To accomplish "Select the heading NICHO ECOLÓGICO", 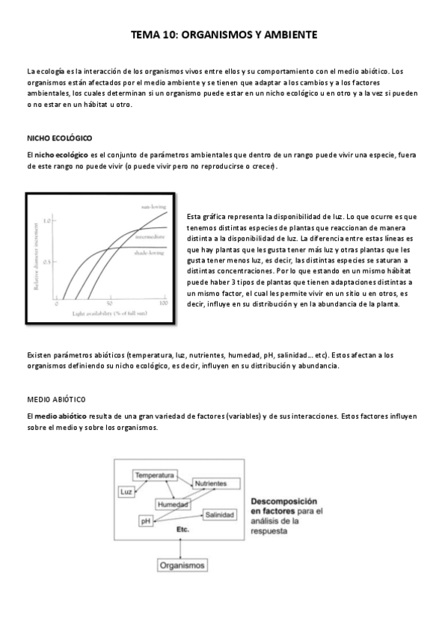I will click(x=59, y=138).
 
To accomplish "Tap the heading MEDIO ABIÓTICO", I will click(x=56, y=398).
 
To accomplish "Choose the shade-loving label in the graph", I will click(x=150, y=253).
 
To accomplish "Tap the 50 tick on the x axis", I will click(x=110, y=305).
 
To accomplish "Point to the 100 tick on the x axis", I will click(x=165, y=305).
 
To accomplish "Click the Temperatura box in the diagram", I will click(x=155, y=475).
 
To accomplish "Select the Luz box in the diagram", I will click(x=126, y=491).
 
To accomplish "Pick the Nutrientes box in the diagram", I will click(x=211, y=484).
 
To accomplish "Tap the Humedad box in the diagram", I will click(x=172, y=505).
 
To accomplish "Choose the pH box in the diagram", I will click(x=147, y=520).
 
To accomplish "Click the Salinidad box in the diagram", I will click(x=222, y=515).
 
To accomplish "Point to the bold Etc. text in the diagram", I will click(x=182, y=529).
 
